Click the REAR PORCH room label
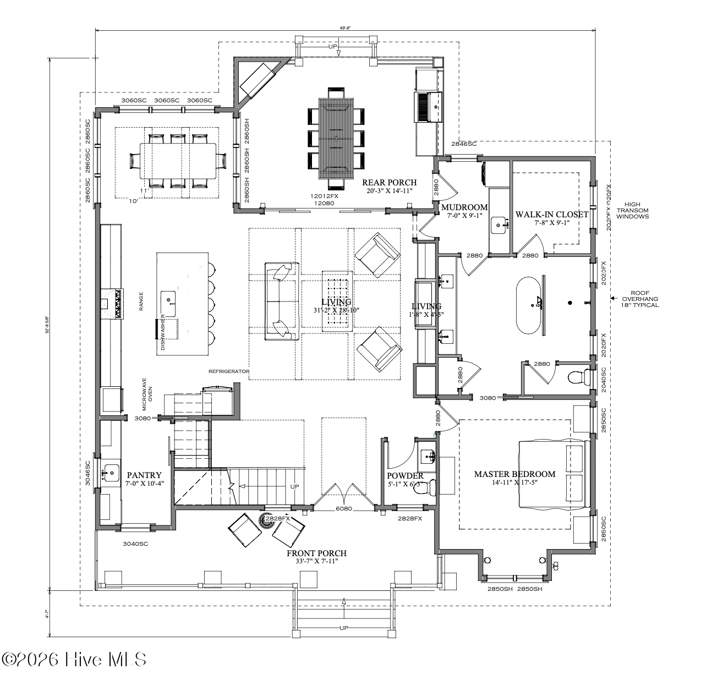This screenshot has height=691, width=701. point(389,183)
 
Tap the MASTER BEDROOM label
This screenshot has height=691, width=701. point(514,474)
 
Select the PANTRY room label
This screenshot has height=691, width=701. point(144,475)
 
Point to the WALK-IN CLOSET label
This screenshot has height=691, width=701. point(551,215)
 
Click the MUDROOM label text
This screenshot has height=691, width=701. point(464,207)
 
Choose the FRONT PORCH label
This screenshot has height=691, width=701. point(316,553)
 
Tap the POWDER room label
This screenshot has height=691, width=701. point(405,476)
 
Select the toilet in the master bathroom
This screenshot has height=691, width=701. point(577,378)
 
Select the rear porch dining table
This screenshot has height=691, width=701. point(336,138)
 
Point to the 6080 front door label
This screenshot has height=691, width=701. point(344,509)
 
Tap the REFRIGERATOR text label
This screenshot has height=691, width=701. point(229,371)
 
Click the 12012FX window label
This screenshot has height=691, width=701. point(324,196)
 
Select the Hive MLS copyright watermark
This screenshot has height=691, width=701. point(74,659)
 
